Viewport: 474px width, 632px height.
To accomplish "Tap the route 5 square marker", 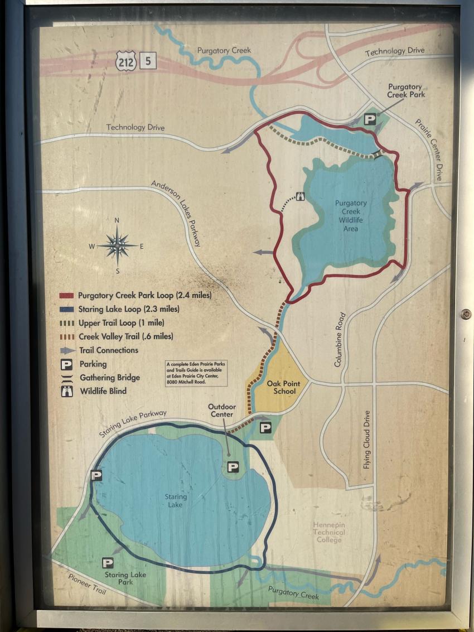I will pyautogui.click(x=148, y=61).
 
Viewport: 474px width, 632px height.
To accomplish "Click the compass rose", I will pyautogui.click(x=117, y=245).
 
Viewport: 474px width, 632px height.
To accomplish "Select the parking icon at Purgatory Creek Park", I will pyautogui.click(x=370, y=119).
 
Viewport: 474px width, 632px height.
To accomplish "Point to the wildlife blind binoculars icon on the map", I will pyautogui.click(x=300, y=196).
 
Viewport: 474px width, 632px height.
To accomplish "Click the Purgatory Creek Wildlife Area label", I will pyautogui.click(x=351, y=215).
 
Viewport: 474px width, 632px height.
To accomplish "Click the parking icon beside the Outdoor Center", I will pyautogui.click(x=233, y=467).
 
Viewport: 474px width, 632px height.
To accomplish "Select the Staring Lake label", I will pyautogui.click(x=176, y=500).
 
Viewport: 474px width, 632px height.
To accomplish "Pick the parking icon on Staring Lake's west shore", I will pyautogui.click(x=96, y=475).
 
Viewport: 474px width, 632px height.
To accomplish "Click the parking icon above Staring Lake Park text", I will pyautogui.click(x=108, y=562).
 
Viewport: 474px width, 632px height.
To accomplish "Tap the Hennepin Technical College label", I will pyautogui.click(x=328, y=532).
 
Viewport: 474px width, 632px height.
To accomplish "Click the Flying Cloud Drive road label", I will pyautogui.click(x=367, y=440).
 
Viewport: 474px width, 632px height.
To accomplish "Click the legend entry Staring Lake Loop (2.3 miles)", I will pyautogui.click(x=129, y=308).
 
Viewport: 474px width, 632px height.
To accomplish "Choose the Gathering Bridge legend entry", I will pyautogui.click(x=109, y=378).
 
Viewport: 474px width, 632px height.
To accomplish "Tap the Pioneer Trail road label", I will pyautogui.click(x=86, y=583).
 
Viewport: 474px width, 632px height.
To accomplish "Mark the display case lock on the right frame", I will pyautogui.click(x=466, y=314).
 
